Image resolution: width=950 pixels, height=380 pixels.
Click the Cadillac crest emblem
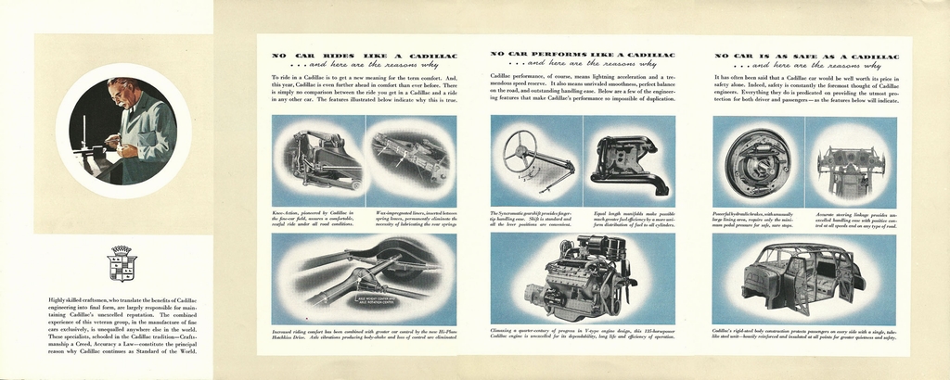[x=122, y=263]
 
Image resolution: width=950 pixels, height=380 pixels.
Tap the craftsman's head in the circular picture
[x=121, y=93]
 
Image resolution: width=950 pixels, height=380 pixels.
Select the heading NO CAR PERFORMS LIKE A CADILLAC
[x=583, y=55]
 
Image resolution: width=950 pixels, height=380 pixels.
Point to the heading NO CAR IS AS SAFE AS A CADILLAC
[x=806, y=56]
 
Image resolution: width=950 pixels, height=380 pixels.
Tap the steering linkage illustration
[x=850, y=167]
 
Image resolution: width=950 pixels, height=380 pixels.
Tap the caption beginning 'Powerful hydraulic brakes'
[x=757, y=218]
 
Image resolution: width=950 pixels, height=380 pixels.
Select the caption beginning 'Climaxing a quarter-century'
[x=582, y=333]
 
